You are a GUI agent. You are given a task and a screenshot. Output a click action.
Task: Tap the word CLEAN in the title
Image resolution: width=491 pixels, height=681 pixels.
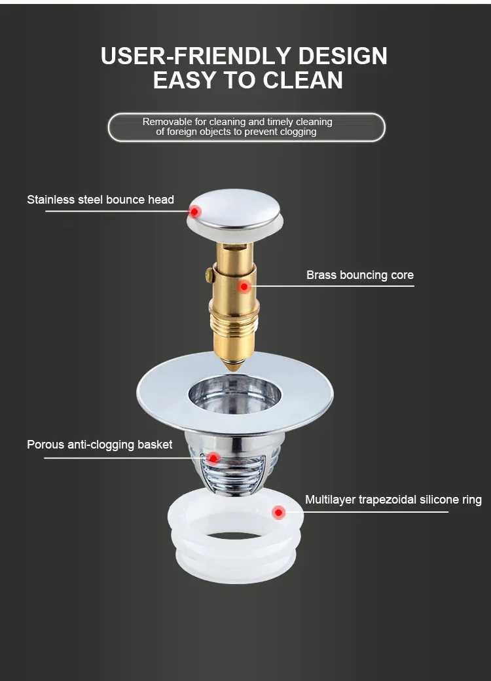click(302, 80)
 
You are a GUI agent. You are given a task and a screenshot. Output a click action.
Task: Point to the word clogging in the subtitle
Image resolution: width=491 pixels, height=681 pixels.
click(295, 132)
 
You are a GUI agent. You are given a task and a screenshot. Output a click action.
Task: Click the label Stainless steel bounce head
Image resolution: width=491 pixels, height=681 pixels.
click(100, 200)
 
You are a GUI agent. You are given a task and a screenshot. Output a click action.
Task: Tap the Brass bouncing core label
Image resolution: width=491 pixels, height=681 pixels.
click(360, 275)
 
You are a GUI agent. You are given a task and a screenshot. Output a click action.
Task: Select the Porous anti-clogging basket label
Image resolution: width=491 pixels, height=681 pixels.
click(100, 445)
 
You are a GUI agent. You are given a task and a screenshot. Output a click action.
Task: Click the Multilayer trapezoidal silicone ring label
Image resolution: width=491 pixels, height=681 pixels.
click(393, 500)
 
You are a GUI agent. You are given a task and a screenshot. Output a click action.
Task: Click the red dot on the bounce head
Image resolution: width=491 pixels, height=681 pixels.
click(194, 212)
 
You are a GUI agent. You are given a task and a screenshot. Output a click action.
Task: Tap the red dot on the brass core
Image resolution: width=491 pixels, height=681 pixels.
click(244, 286)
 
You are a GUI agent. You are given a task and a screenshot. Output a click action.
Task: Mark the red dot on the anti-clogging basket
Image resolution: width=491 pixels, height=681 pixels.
click(213, 458)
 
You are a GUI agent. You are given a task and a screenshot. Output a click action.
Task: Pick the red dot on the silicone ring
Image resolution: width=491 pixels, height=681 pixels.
click(279, 512)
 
